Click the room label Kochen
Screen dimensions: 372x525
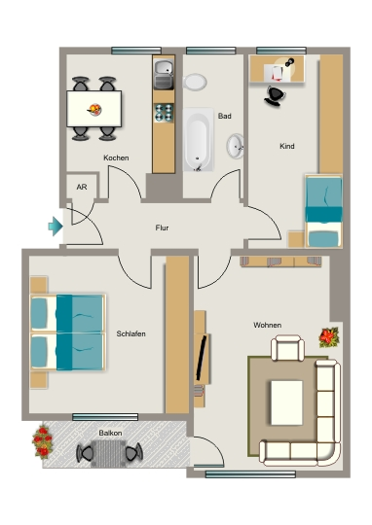(x=116, y=157)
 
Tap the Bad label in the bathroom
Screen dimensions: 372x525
(x=224, y=116)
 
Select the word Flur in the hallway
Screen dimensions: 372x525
(x=162, y=227)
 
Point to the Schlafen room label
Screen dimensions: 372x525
(x=130, y=333)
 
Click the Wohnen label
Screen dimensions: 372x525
(x=268, y=325)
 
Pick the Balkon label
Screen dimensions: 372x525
(x=110, y=433)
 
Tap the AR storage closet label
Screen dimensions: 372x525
(x=82, y=187)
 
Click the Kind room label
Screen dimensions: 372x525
(x=287, y=146)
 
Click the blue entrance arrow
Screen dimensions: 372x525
(x=56, y=227)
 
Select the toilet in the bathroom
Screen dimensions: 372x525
(x=195, y=82)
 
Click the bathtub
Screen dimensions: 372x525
(x=199, y=139)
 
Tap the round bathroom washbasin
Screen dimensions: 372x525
(x=236, y=146)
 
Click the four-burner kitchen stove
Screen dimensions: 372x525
(x=164, y=113)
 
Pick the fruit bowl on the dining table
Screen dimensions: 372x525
(x=94, y=109)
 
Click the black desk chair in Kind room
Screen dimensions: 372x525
(x=275, y=96)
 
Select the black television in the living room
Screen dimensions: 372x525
(x=202, y=359)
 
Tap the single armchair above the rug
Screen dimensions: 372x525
(x=288, y=348)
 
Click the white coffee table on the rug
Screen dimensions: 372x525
(x=286, y=402)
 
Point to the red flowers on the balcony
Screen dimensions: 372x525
(x=43, y=441)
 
